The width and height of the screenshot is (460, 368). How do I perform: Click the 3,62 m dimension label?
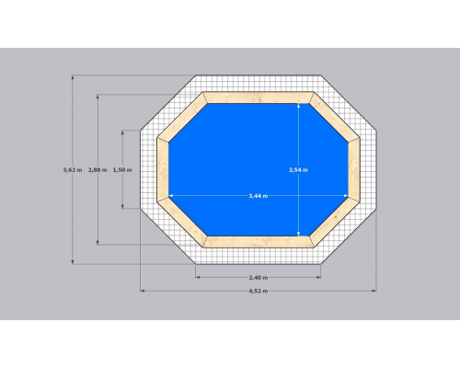73,169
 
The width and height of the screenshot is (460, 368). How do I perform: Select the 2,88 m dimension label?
98,169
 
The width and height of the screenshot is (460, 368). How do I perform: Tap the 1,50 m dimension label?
122,169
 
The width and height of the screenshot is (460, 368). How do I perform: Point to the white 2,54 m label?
298,169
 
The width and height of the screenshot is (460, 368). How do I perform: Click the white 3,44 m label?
259,196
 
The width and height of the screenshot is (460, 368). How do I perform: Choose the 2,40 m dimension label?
259,278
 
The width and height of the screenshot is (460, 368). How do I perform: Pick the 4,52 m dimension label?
259,291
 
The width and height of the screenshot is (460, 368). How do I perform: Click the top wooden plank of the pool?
259,98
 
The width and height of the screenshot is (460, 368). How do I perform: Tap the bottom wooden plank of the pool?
259,242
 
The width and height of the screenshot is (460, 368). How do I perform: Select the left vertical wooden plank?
163,169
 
